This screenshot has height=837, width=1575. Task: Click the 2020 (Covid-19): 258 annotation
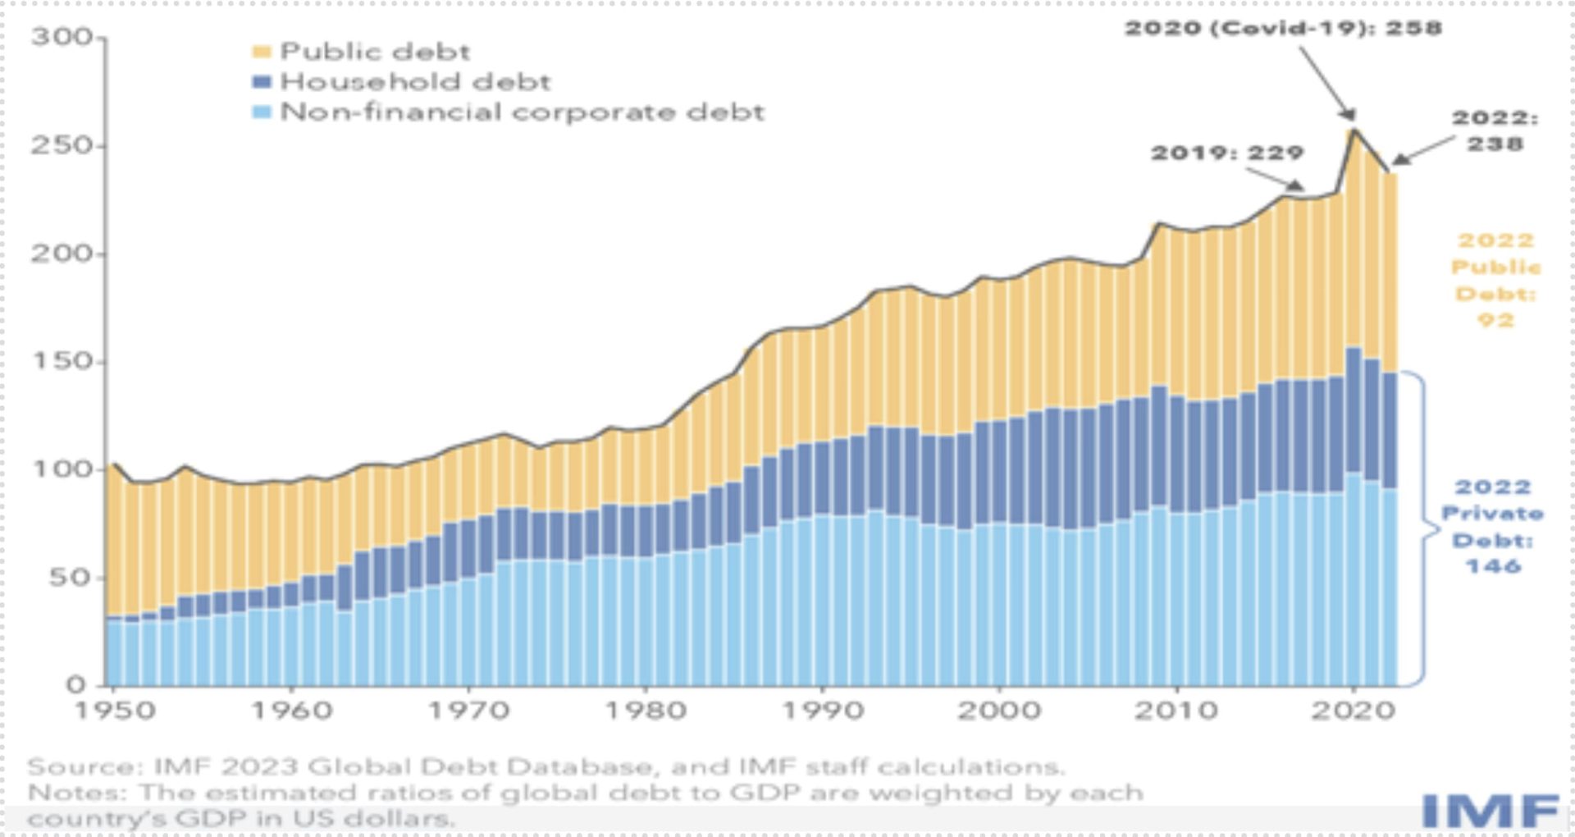pyautogui.click(x=1282, y=28)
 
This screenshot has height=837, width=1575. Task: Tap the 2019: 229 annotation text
pyautogui.click(x=1227, y=153)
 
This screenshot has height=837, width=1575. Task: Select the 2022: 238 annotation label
pyautogui.click(x=1495, y=130)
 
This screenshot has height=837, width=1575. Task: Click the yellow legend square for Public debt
pyautogui.click(x=261, y=52)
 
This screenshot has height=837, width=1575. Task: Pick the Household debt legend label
pyautogui.click(x=415, y=82)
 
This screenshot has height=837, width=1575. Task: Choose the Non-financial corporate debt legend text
pyautogui.click(x=522, y=112)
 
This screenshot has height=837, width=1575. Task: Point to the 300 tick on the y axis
pyautogui.click(x=62, y=37)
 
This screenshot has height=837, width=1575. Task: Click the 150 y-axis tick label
pyautogui.click(x=62, y=361)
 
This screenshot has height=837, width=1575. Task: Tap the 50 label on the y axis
pyautogui.click(x=70, y=578)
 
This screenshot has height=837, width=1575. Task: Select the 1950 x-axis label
pyautogui.click(x=115, y=710)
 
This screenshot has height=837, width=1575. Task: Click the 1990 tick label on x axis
pyautogui.click(x=823, y=710)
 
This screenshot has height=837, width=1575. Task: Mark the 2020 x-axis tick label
pyautogui.click(x=1353, y=710)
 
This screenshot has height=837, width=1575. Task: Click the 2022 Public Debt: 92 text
pyautogui.click(x=1495, y=280)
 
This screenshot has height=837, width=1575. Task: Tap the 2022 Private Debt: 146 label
pyautogui.click(x=1492, y=526)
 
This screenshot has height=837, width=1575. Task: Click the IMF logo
pyautogui.click(x=1489, y=810)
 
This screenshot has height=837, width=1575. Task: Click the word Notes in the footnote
pyautogui.click(x=75, y=793)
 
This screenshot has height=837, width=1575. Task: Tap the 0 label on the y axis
pyautogui.click(x=76, y=684)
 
